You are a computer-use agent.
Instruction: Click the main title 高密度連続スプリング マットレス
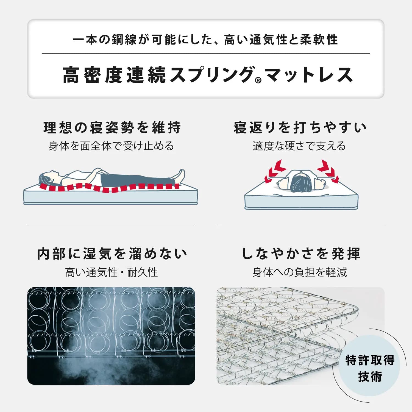(208, 75)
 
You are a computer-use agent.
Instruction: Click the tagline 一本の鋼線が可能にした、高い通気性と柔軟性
(205, 40)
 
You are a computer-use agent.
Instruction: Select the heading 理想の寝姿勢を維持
(112, 127)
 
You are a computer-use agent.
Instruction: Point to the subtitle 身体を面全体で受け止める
(111, 146)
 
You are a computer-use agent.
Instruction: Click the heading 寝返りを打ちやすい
(300, 127)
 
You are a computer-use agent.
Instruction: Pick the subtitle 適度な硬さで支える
(299, 146)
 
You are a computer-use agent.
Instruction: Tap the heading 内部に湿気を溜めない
(112, 254)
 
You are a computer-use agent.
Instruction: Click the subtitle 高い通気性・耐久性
(112, 272)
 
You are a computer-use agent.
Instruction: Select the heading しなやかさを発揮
(301, 254)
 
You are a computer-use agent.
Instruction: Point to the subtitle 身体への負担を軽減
(300, 272)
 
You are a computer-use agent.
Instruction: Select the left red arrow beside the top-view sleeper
(275, 170)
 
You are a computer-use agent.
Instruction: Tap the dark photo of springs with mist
(111, 336)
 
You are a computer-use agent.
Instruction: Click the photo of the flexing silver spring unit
(301, 336)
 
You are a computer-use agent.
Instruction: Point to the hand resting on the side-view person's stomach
(102, 172)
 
